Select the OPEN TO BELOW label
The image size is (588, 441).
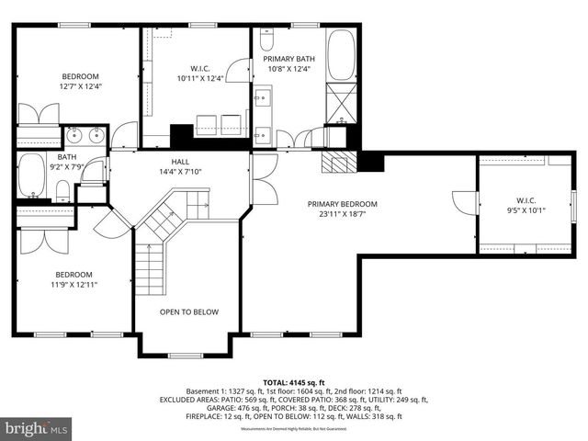(x=189, y=312)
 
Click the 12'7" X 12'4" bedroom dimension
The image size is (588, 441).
(x=80, y=86)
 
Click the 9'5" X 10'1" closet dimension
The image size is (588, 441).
(x=526, y=209)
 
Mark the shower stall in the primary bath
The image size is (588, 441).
(x=342, y=100)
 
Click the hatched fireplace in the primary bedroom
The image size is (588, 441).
(x=337, y=162)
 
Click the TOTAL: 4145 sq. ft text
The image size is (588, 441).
(x=294, y=381)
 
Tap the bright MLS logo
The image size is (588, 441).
(x=37, y=428)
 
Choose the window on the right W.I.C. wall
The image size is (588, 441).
(x=572, y=202)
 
